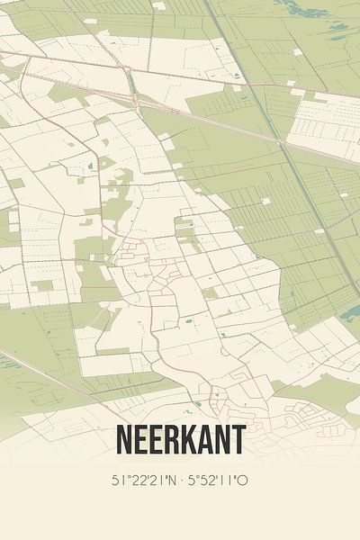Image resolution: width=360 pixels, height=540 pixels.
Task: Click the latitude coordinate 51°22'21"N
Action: tap(147, 481)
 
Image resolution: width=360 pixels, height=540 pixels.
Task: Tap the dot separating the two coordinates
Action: tap(183, 481)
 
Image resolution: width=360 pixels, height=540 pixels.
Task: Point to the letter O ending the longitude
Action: tap(243, 481)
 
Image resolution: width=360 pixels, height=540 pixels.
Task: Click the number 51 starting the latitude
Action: tap(118, 481)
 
